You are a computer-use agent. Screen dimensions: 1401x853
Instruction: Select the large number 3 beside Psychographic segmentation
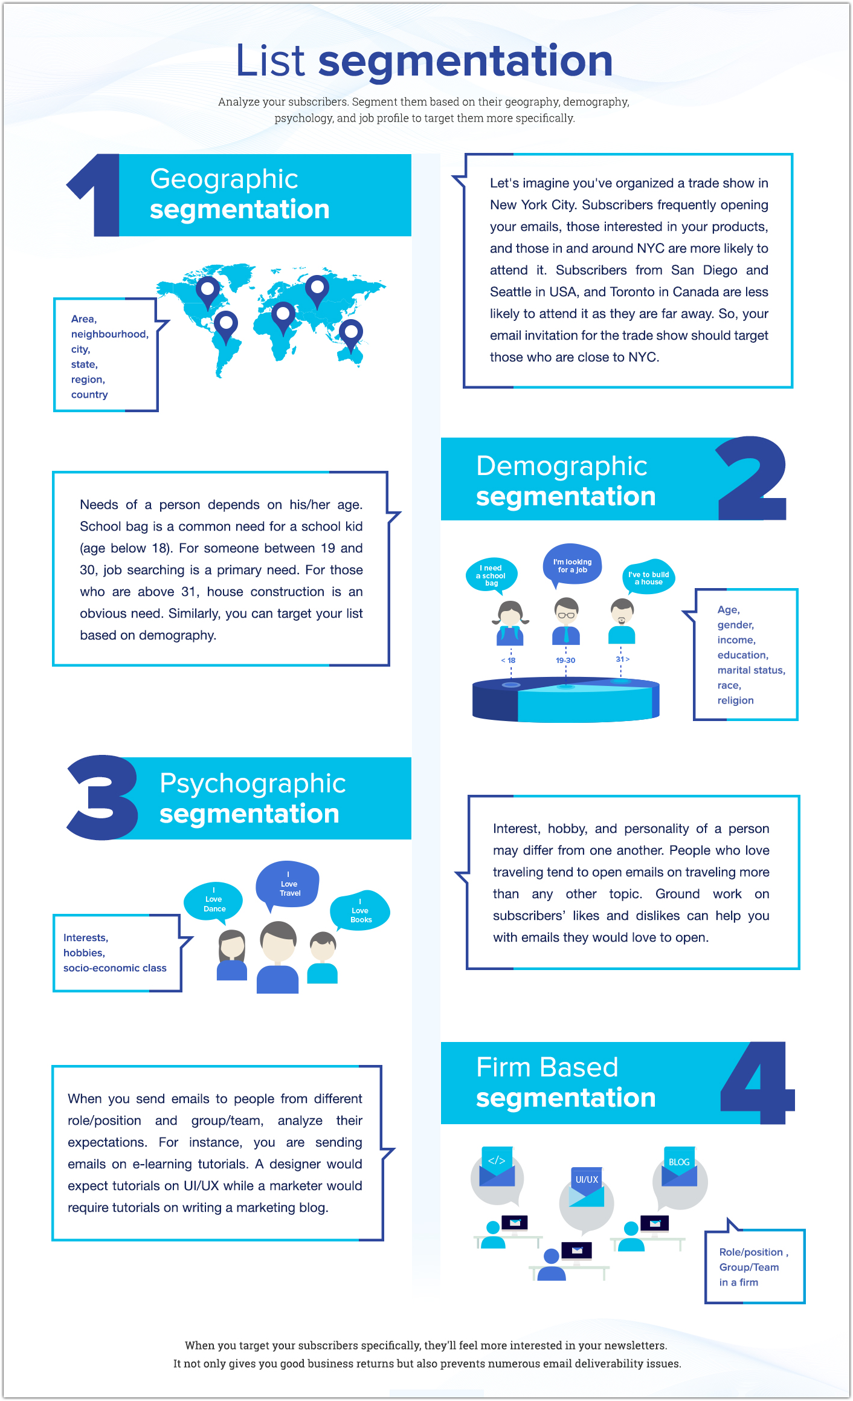coord(103,797)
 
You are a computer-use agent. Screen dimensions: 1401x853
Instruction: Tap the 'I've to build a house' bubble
coord(648,578)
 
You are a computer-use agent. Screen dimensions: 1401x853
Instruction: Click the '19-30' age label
coord(565,660)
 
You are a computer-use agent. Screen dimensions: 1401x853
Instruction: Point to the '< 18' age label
coord(508,660)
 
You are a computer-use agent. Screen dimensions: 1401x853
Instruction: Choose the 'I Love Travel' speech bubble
coord(288,884)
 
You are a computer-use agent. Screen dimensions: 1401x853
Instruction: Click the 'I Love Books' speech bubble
coord(360,911)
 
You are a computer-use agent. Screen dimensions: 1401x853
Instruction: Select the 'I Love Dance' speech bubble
coord(214,900)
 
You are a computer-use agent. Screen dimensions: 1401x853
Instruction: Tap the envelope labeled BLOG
coord(679,1167)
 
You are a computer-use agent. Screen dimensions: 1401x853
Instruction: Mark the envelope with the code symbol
coord(497,1166)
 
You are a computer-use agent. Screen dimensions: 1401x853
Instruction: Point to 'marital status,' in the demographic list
coord(751,670)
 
